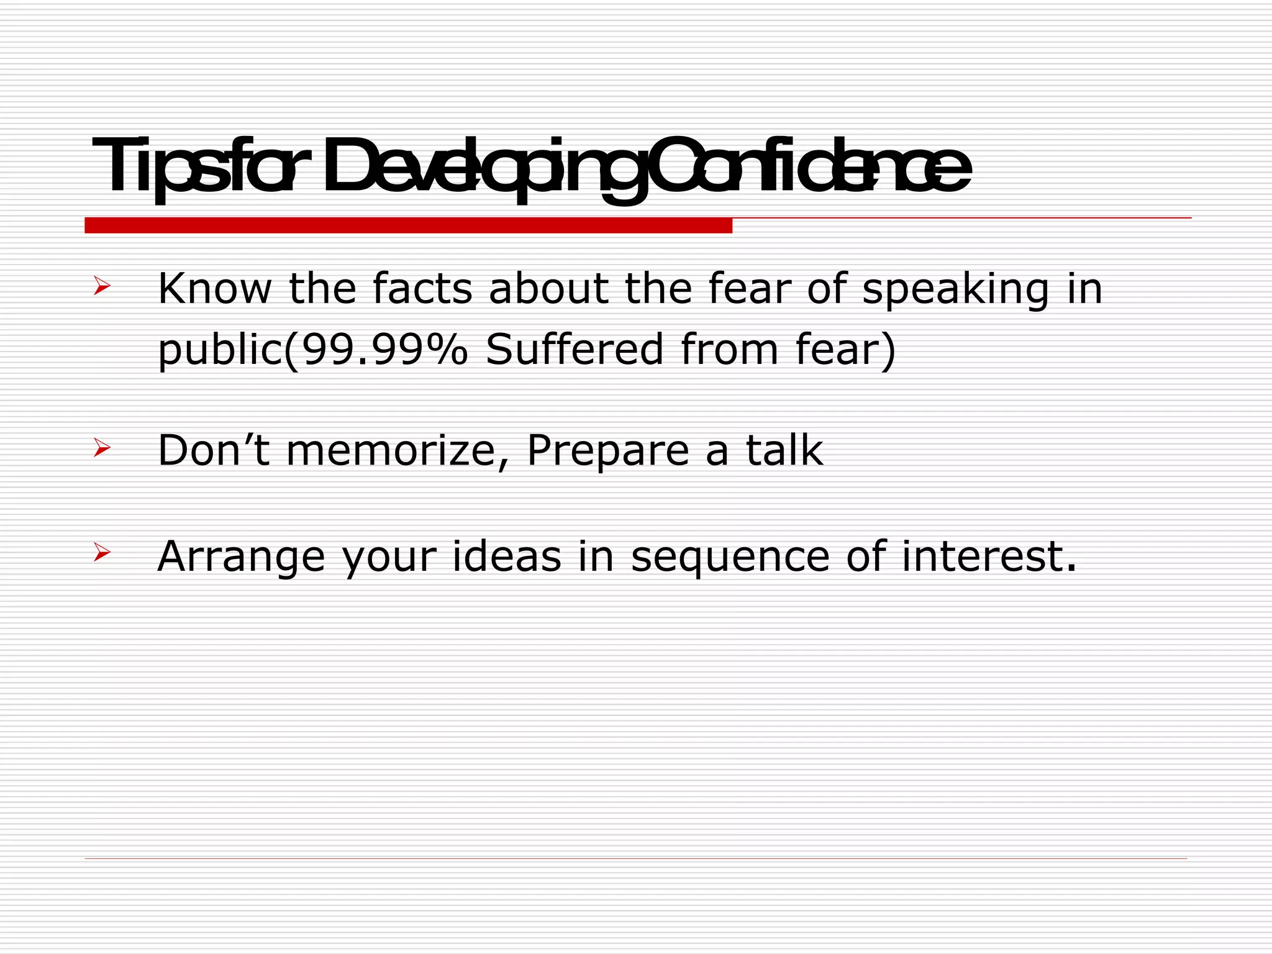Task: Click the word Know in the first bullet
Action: (x=214, y=289)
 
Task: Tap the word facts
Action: (x=422, y=289)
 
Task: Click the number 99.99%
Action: (x=384, y=349)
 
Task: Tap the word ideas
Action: (x=506, y=556)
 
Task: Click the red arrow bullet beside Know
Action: (x=102, y=286)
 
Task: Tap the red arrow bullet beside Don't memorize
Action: (x=102, y=447)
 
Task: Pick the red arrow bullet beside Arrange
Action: (x=102, y=552)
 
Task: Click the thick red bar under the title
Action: (x=408, y=225)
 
